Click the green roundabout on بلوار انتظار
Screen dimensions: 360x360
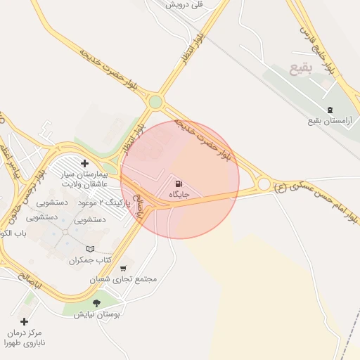(155, 102)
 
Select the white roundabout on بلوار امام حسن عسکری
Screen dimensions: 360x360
(264, 184)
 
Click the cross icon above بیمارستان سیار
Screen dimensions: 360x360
(84, 163)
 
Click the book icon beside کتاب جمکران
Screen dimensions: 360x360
(89, 249)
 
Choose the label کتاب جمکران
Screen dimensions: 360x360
(91, 261)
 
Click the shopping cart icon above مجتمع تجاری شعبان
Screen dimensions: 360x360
(124, 268)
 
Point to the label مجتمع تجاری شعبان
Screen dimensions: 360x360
(123, 279)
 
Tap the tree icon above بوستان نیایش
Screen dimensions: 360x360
(96, 303)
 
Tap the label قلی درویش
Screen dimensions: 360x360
(184, 4)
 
